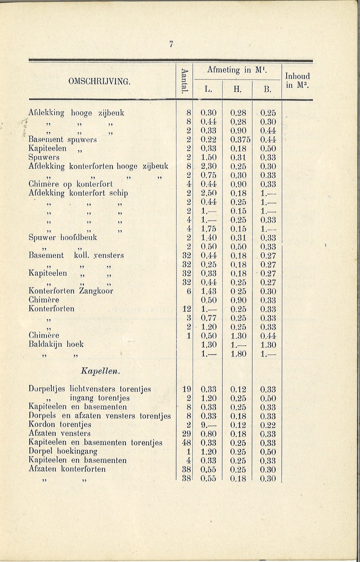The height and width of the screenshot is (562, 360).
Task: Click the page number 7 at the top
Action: pos(172,44)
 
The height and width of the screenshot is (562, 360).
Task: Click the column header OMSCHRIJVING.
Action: pos(101,82)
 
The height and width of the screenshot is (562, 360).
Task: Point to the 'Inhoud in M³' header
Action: pos(297,80)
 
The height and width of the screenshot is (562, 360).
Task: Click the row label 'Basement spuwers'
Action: pos(62,140)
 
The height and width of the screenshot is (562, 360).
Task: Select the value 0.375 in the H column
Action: pos(238,140)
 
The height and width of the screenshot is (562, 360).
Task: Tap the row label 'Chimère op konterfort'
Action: pos(70,184)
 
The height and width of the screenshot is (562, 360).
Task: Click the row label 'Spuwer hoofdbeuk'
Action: pos(62,238)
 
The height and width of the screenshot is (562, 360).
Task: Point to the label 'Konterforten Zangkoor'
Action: pos(71,291)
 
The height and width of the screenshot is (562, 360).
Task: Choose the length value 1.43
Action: pos(208,291)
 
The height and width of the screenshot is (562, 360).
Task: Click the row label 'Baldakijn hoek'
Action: pos(56,344)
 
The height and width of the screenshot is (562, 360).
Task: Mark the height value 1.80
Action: pos(238,353)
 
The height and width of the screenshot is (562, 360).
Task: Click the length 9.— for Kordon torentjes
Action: pos(208,425)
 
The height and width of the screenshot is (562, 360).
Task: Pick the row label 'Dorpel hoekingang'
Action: pos(62,451)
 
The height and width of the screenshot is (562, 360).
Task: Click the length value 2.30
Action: pos(208,166)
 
